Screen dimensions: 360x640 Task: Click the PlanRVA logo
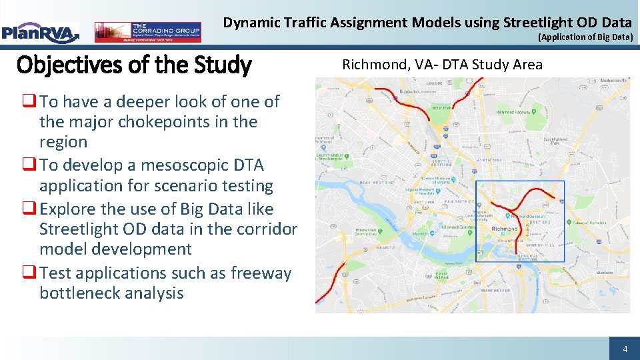coord(40,31)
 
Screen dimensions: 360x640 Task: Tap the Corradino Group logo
coord(147,31)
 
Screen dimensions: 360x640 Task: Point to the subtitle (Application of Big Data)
coord(585,37)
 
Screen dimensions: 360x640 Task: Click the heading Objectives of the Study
coord(134,65)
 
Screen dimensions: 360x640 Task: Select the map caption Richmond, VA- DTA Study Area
coord(442,65)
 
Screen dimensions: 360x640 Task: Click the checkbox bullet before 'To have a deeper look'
coord(29,102)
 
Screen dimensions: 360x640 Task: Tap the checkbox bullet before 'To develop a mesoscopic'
coord(29,165)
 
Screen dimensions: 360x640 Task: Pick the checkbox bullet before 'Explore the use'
coord(29,209)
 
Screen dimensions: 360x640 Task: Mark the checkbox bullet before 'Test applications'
coord(29,273)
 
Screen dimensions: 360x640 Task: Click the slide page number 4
coord(625,349)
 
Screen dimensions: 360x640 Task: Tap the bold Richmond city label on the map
coord(504,229)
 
